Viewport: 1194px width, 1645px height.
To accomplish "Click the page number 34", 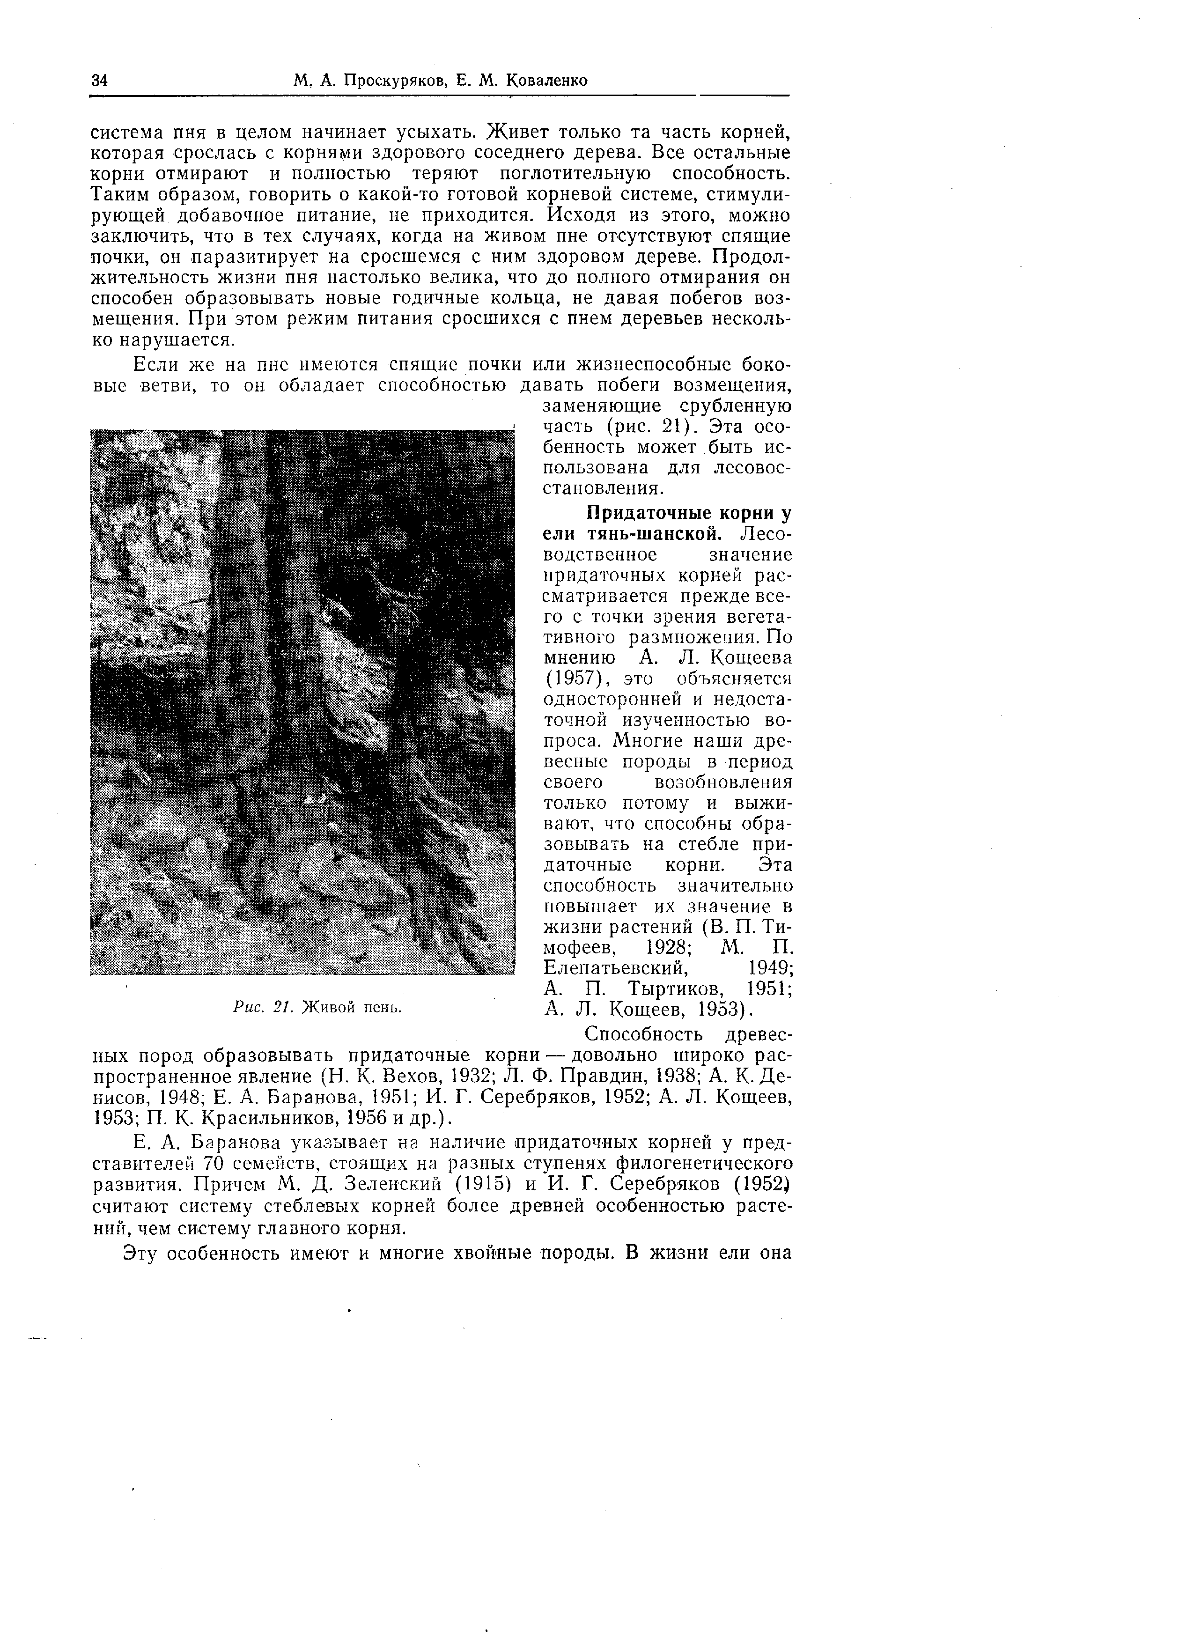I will (x=99, y=80).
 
